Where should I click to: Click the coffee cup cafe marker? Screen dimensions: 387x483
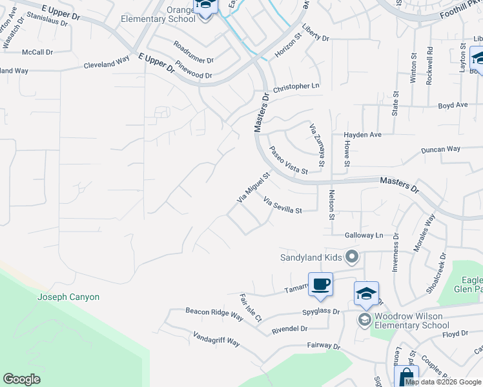click(320, 284)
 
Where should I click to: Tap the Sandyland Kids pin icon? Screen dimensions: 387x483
click(352, 257)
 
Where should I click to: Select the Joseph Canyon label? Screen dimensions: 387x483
click(68, 297)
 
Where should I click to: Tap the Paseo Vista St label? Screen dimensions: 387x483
click(288, 160)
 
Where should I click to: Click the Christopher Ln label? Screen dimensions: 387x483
click(296, 86)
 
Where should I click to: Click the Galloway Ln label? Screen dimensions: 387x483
click(364, 235)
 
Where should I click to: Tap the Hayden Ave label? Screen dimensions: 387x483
click(363, 135)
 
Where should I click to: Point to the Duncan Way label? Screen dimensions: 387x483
click(440, 149)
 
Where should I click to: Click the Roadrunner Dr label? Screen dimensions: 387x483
click(193, 52)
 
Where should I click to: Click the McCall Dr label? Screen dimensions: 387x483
click(37, 52)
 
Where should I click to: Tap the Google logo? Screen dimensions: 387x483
click(21, 379)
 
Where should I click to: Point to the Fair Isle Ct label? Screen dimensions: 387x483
click(250, 308)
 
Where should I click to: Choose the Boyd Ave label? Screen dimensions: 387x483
click(453, 105)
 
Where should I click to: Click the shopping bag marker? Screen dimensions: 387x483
click(406, 377)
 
